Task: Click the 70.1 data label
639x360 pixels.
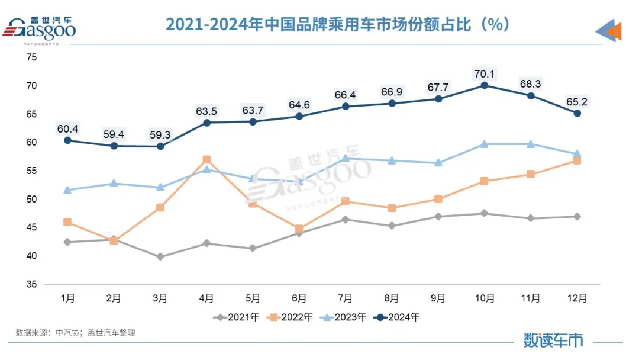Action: pos(485,74)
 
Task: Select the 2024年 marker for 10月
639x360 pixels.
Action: pos(485,85)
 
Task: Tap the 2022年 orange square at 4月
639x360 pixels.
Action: pos(206,160)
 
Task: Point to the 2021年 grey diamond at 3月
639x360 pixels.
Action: pos(160,257)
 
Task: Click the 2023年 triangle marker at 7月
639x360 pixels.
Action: pos(346,158)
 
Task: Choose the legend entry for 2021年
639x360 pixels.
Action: pos(236,317)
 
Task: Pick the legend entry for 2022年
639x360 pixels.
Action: pos(289,317)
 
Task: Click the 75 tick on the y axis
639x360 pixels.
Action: pos(31,57)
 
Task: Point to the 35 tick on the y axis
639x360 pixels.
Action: pos(31,284)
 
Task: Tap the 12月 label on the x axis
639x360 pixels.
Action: pos(577,298)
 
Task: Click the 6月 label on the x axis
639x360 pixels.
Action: pos(299,298)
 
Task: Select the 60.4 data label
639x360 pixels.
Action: pos(67,128)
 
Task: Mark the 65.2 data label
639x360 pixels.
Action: pos(577,101)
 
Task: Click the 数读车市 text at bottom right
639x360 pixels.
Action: pos(553,339)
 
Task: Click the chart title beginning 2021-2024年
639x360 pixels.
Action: pos(337,24)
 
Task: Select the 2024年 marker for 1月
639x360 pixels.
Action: pos(67,140)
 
